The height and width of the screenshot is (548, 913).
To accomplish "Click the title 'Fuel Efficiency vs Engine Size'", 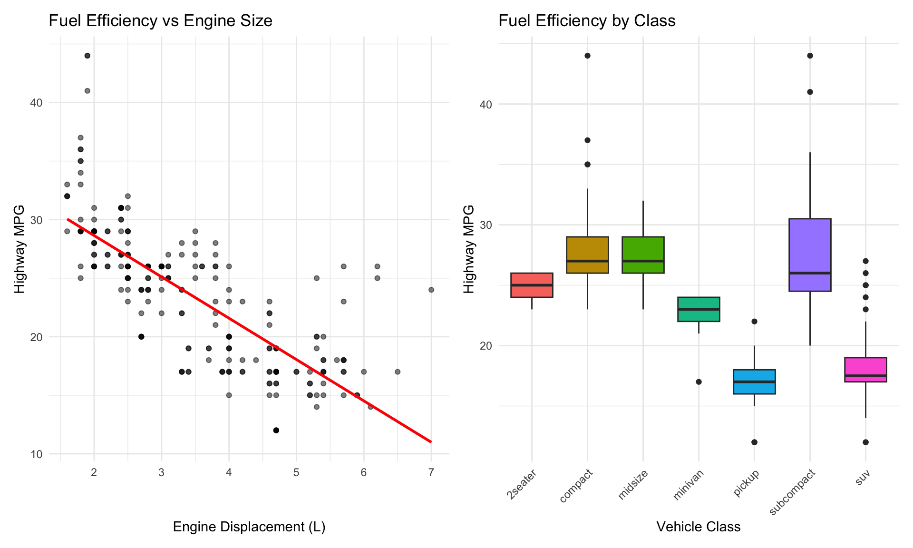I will click(160, 21).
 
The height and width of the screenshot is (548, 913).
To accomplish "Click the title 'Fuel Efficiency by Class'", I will click(587, 21).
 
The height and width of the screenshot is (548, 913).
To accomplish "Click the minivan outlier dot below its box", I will click(699, 382).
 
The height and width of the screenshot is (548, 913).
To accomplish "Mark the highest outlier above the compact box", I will click(587, 56).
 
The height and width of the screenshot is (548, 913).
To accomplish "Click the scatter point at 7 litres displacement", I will click(431, 290).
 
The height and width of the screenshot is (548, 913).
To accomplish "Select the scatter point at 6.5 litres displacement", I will click(398, 372).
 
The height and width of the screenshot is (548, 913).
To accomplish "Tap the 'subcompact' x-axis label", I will click(793, 492).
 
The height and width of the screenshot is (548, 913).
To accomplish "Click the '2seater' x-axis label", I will click(522, 484).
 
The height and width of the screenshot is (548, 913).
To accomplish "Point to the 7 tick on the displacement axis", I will click(431, 472).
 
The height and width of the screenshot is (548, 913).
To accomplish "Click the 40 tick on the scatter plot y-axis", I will click(37, 103).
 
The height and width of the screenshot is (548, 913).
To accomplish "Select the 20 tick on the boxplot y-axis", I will click(486, 345).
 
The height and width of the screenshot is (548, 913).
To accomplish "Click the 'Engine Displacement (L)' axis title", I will click(249, 527).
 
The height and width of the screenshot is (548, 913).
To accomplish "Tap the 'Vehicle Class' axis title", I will click(698, 527).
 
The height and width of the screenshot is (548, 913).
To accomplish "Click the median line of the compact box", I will click(587, 261).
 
